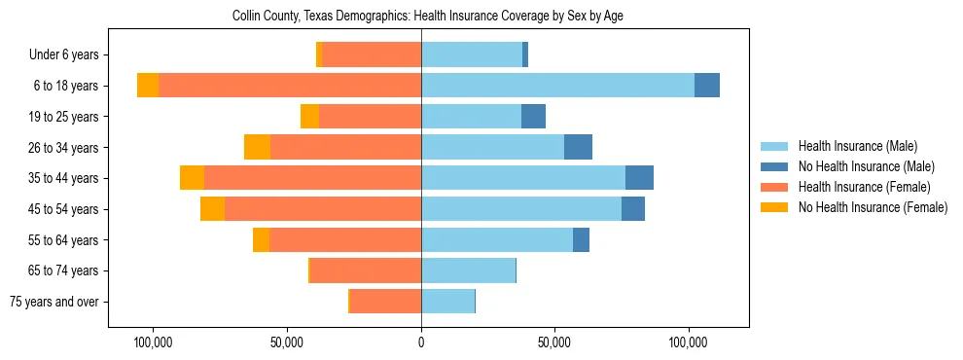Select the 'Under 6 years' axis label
coord(69,54)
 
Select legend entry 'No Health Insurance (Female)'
coord(873,207)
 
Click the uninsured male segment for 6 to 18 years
coord(707,86)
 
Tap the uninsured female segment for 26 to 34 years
coord(257,147)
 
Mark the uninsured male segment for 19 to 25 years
coord(533,117)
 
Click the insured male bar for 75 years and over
coord(447,302)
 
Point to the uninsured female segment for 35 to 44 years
coord(192,178)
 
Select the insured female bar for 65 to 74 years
coord(366,270)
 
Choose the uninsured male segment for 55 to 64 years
coord(581,239)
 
